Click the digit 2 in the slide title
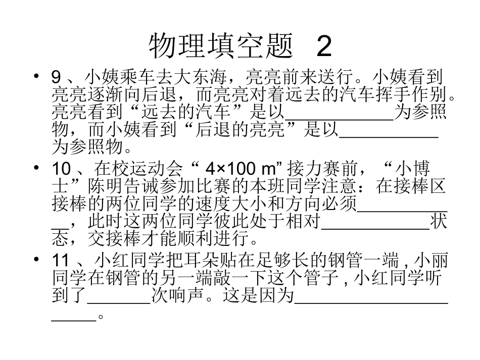(324, 47)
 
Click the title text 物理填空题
(221, 47)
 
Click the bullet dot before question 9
(36, 77)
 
